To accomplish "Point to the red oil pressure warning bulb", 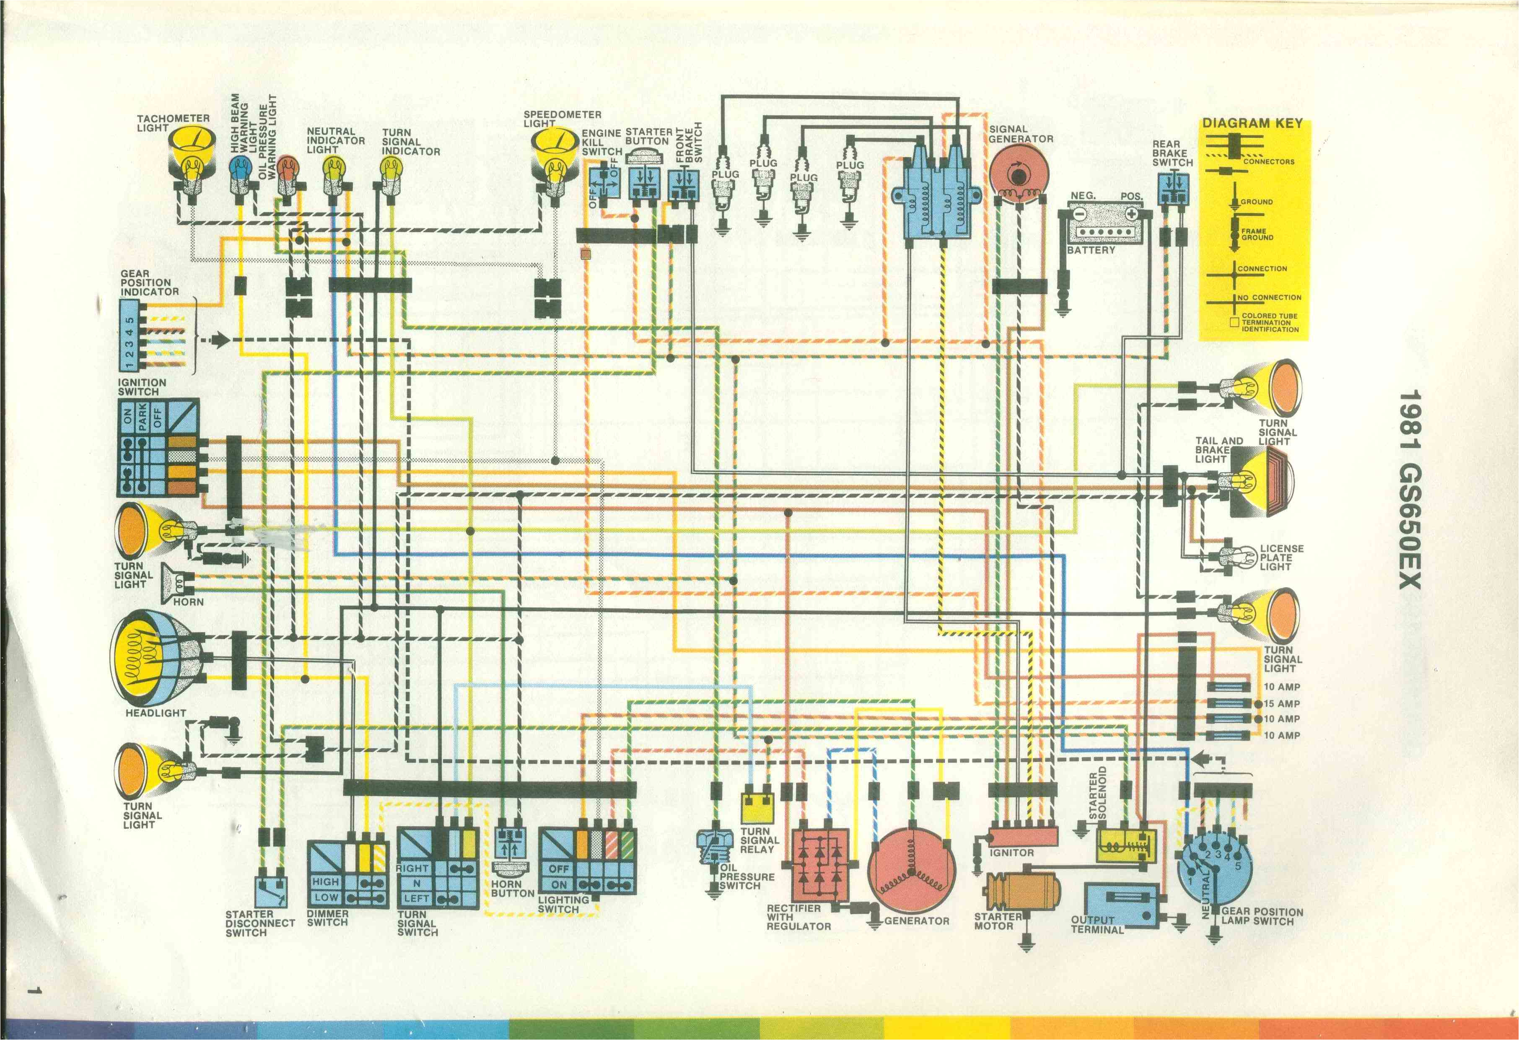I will point(286,169).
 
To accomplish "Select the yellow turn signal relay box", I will point(757,808).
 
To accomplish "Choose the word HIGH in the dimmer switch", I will point(326,881).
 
